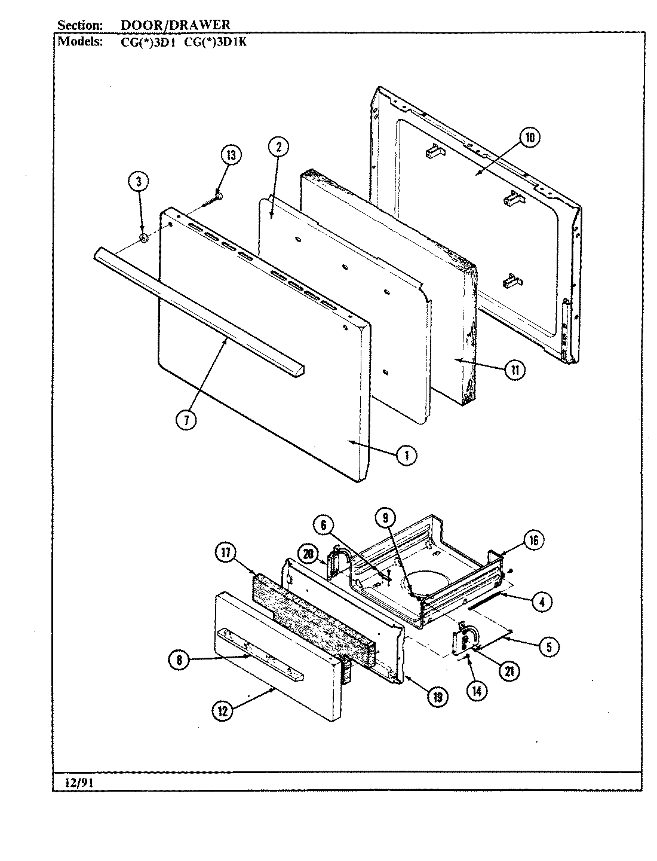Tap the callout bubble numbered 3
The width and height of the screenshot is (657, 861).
click(139, 181)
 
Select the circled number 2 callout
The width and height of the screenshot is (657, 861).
click(278, 147)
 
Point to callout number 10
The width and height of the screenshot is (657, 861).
click(529, 138)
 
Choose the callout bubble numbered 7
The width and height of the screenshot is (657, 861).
click(186, 420)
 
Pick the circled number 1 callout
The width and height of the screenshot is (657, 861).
click(406, 456)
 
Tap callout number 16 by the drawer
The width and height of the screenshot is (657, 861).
click(533, 540)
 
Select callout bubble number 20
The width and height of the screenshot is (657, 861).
click(308, 554)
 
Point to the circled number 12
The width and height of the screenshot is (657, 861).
click(222, 710)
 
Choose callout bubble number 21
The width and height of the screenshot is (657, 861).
click(509, 671)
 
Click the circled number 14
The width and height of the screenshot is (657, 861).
click(476, 691)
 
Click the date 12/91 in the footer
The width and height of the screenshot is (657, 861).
click(69, 781)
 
